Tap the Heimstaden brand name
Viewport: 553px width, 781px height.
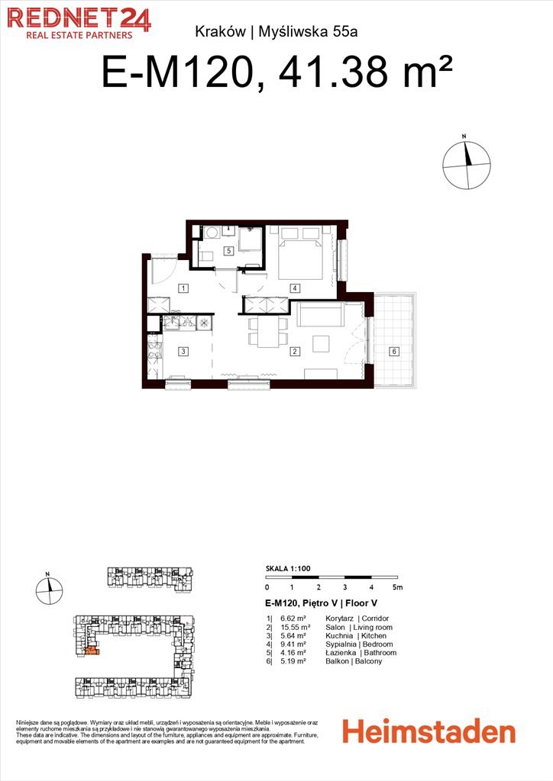pyautogui.click(x=428, y=731)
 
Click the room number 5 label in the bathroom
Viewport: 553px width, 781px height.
pyautogui.click(x=229, y=250)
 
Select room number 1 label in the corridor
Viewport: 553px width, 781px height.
pyautogui.click(x=183, y=288)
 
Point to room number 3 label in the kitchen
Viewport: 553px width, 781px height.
pyautogui.click(x=183, y=351)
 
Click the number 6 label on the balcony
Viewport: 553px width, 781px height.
pyautogui.click(x=394, y=351)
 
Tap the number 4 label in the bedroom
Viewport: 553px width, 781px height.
pyautogui.click(x=295, y=288)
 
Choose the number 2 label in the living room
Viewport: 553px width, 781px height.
pyautogui.click(x=295, y=351)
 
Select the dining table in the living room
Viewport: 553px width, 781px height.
pyautogui.click(x=268, y=333)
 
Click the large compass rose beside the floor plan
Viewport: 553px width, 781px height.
pyautogui.click(x=467, y=165)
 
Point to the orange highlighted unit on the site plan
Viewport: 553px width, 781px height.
pyautogui.click(x=92, y=651)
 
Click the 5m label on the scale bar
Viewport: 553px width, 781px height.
pyautogui.click(x=397, y=587)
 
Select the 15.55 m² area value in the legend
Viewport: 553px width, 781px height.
pyautogui.click(x=295, y=627)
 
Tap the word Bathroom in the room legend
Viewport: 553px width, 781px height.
pyautogui.click(x=380, y=653)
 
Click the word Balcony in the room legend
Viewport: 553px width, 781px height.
pyautogui.click(x=368, y=661)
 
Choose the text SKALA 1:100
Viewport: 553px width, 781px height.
pyautogui.click(x=288, y=568)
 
